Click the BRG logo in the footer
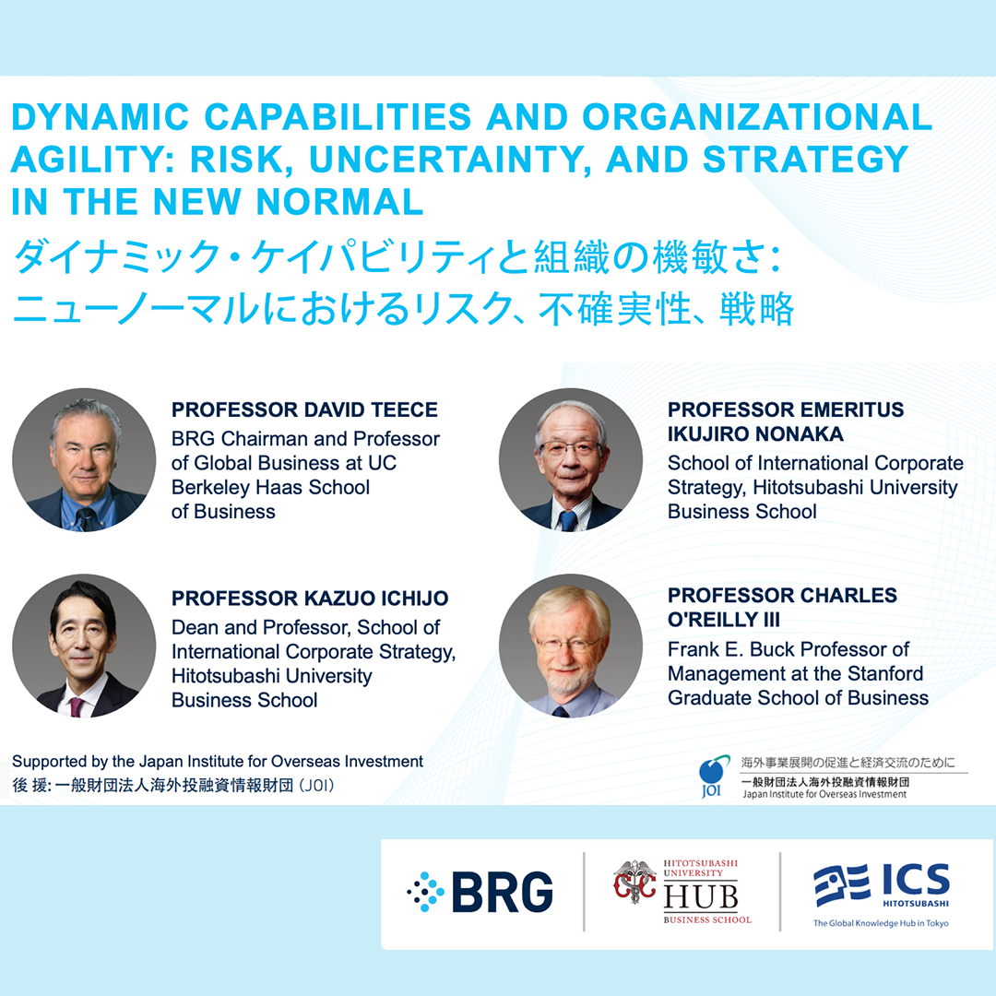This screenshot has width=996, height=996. (480, 891)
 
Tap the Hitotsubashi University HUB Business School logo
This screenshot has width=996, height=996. (682, 891)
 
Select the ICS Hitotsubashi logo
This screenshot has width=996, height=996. (882, 895)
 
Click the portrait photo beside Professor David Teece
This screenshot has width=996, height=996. (84, 460)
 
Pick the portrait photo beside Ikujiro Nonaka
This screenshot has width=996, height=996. (571, 460)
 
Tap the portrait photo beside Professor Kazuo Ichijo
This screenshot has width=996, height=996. (84, 646)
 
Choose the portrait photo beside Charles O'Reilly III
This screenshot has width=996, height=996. (571, 646)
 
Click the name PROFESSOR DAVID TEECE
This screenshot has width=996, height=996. (304, 409)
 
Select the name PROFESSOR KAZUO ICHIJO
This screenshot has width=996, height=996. (310, 599)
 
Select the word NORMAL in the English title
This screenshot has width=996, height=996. (339, 202)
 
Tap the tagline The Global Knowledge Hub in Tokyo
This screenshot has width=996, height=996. (881, 923)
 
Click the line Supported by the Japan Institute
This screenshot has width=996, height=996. (218, 762)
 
